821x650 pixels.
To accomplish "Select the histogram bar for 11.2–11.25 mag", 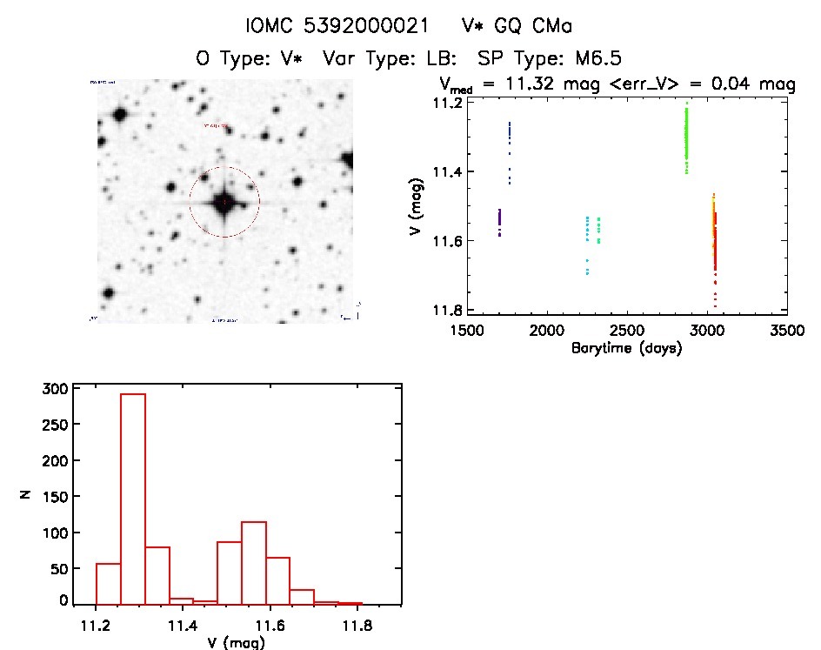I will tap(109, 583).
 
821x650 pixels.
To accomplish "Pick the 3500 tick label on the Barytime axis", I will tap(786, 331).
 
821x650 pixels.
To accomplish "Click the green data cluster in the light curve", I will tap(686, 139).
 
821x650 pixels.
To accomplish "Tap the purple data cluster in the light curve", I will tap(499, 223).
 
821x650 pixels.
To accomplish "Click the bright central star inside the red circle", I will tap(224, 202).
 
